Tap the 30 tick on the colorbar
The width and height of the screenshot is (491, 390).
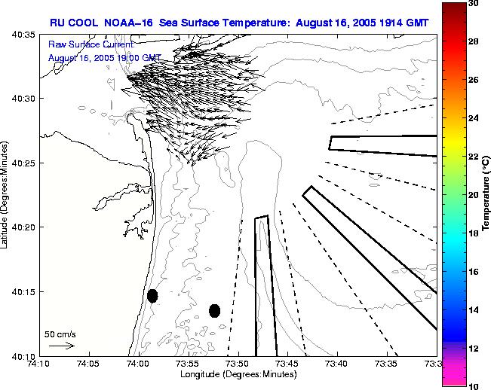click(473, 3)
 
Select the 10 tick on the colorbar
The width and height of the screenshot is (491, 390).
click(473, 386)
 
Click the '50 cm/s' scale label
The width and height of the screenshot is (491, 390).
click(60, 334)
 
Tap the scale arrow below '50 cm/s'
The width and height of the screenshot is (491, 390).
click(61, 346)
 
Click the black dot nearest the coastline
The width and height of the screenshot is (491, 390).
click(152, 296)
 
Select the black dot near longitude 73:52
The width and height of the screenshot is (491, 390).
click(214, 310)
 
